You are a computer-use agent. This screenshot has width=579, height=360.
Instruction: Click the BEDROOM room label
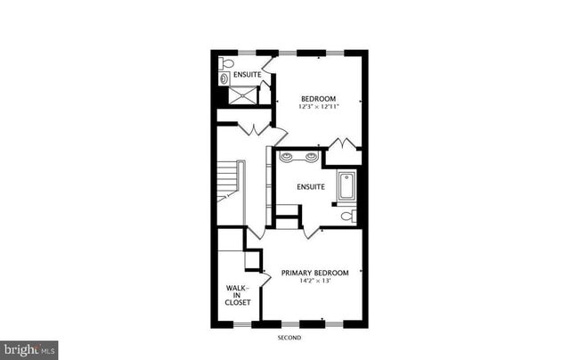(318, 99)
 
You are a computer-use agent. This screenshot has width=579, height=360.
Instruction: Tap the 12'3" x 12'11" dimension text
(318, 107)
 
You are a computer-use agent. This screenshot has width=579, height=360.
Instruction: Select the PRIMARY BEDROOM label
(314, 273)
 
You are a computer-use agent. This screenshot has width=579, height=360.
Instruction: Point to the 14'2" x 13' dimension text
(314, 281)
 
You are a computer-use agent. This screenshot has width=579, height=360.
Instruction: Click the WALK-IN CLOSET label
(238, 295)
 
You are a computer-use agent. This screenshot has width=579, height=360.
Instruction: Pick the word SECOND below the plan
(289, 338)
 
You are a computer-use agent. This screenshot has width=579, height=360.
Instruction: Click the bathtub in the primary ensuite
(347, 186)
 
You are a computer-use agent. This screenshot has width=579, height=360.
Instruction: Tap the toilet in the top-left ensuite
(225, 63)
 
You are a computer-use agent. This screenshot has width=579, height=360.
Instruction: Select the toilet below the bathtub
(349, 216)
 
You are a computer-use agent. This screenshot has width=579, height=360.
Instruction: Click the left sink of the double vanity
(287, 157)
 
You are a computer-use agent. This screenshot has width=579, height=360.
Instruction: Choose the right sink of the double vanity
(312, 157)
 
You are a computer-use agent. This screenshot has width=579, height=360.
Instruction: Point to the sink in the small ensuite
(224, 78)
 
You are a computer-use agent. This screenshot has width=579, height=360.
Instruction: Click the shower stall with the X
(242, 95)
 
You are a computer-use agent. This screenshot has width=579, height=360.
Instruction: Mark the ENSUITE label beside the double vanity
(311, 187)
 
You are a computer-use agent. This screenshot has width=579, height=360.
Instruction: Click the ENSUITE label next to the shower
(248, 75)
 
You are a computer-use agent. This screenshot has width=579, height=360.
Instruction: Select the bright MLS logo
(29, 350)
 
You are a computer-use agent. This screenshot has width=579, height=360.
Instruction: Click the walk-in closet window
(242, 324)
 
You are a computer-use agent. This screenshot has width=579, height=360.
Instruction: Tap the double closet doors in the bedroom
(344, 143)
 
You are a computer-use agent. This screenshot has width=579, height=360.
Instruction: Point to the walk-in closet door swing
(266, 279)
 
